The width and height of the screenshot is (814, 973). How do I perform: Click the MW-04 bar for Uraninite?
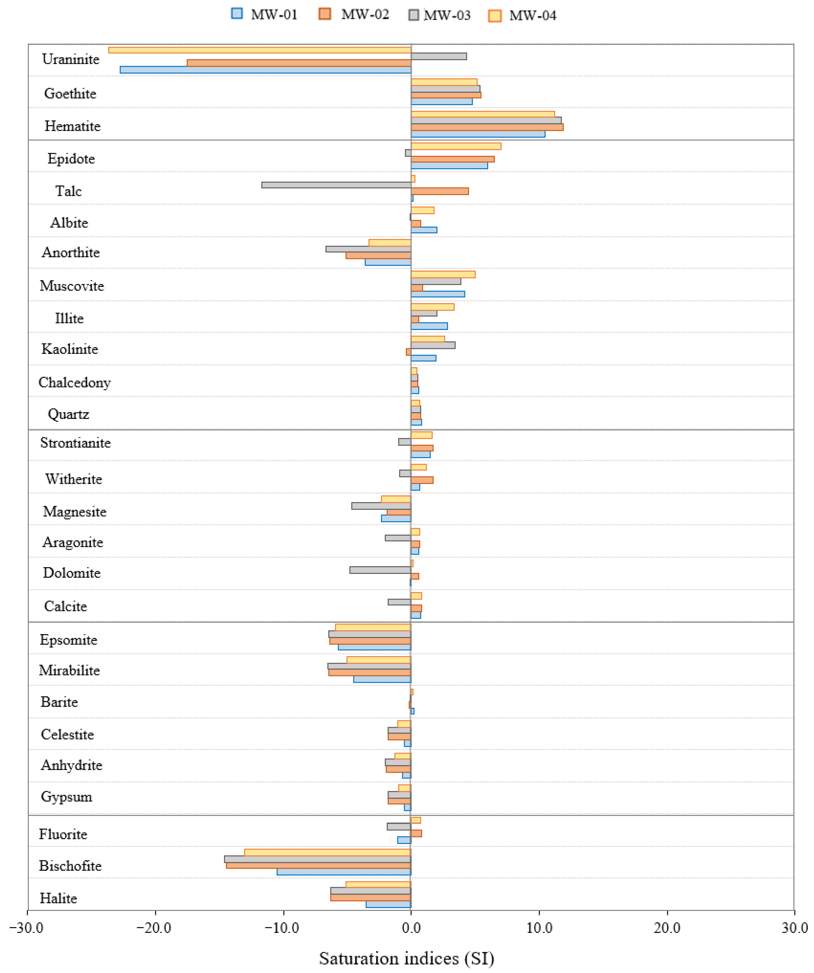coord(259,50)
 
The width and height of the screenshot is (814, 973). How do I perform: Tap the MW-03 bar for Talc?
coord(336,185)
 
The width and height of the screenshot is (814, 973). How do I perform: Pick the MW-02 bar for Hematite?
coord(486,127)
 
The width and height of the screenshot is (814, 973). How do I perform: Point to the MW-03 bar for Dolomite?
coord(380,570)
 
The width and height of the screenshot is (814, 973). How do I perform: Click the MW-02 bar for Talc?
coord(439,191)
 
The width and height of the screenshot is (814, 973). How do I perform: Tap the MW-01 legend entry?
coord(264,14)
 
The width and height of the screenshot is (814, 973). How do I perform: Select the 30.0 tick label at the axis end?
coord(794,928)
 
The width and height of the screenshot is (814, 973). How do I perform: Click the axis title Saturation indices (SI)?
coord(406,958)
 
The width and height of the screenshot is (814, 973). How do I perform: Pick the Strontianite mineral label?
coord(75,443)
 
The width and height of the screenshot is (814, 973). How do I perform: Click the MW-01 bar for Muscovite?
coord(437,294)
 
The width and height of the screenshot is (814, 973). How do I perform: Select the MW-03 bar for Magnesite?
coord(381,506)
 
